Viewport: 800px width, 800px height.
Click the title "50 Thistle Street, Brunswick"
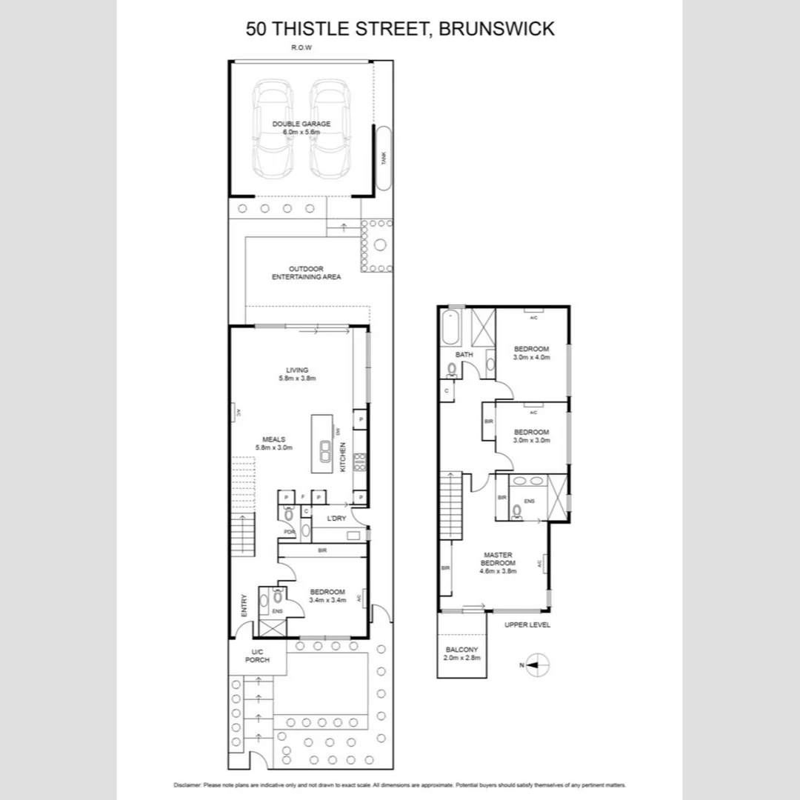(400, 29)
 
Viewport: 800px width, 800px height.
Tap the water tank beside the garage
(384, 159)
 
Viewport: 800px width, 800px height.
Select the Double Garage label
(301, 127)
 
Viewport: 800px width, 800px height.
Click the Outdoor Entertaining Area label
(306, 273)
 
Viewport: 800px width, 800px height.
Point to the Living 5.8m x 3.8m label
(297, 374)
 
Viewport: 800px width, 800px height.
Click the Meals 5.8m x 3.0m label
(273, 443)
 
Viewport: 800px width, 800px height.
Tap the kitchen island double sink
(325, 450)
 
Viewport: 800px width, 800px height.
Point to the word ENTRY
(244, 607)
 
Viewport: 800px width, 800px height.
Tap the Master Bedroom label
(499, 563)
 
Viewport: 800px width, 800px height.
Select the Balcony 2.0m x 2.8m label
(461, 653)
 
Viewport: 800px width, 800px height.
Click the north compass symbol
(539, 665)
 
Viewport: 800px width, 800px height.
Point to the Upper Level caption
(527, 624)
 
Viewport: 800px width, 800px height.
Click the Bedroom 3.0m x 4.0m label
(531, 353)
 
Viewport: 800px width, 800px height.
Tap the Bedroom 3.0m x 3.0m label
(531, 436)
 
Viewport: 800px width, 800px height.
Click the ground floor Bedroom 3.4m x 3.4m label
(327, 596)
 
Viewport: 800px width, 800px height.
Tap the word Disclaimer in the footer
(187, 784)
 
